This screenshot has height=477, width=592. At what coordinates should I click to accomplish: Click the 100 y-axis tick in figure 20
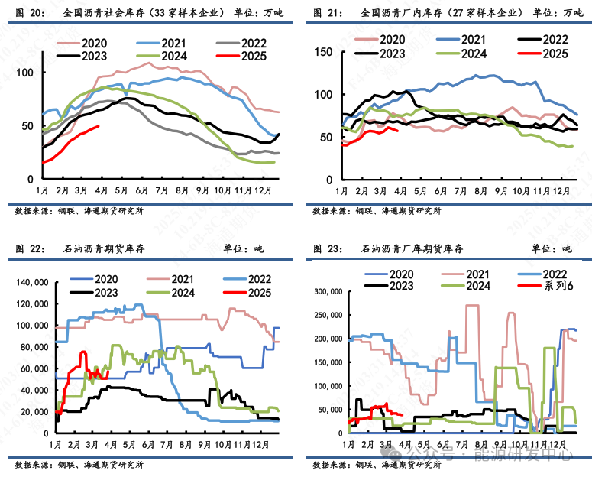28,72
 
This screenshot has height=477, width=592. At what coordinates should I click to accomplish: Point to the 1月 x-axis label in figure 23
348,444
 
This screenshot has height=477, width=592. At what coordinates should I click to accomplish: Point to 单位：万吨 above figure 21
557,13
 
